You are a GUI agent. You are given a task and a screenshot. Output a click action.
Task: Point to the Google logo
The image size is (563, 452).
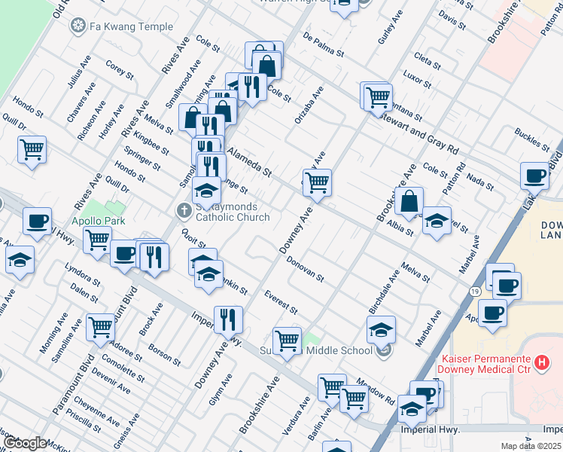tap(25, 443)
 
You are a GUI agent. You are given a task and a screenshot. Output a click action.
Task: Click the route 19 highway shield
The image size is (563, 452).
tap(476, 291)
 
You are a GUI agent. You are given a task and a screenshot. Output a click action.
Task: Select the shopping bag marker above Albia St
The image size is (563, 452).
tap(409, 202)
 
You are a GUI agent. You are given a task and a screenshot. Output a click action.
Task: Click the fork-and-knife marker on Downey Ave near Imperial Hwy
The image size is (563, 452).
tap(228, 319)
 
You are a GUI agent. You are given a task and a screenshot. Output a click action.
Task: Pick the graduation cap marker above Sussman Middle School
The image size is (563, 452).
tap(381, 329)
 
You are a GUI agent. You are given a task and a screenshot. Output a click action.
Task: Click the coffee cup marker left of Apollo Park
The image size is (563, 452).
tap(37, 221)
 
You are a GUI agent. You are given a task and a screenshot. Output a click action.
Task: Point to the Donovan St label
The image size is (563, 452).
tap(305, 268)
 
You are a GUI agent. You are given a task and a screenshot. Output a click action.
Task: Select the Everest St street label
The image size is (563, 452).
tap(281, 301)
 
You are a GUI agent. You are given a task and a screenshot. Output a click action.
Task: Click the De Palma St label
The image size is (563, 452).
tap(323, 44)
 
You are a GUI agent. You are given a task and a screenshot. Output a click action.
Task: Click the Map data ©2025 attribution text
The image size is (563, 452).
tap(531, 446)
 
